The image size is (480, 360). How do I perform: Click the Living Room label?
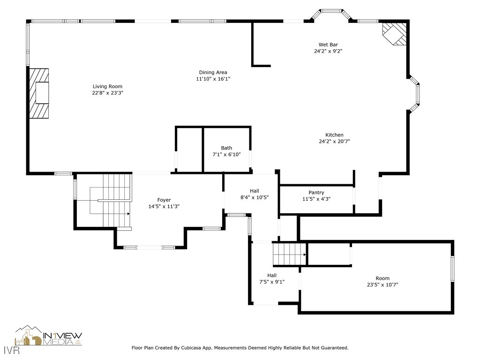point(107,86)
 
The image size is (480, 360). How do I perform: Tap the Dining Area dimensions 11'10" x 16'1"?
point(213,79)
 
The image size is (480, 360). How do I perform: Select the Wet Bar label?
point(328,45)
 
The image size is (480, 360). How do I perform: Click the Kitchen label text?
point(334,135)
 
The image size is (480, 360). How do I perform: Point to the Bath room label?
point(226,148)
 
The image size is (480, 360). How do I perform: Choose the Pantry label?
point(316,193)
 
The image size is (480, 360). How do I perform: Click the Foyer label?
point(164,200)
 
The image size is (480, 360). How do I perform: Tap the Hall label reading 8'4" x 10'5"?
point(254,197)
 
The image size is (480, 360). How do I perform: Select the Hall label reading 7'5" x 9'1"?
point(272,282)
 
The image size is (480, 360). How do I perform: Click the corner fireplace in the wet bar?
point(394,34)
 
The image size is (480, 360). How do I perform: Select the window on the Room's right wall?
point(452,269)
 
